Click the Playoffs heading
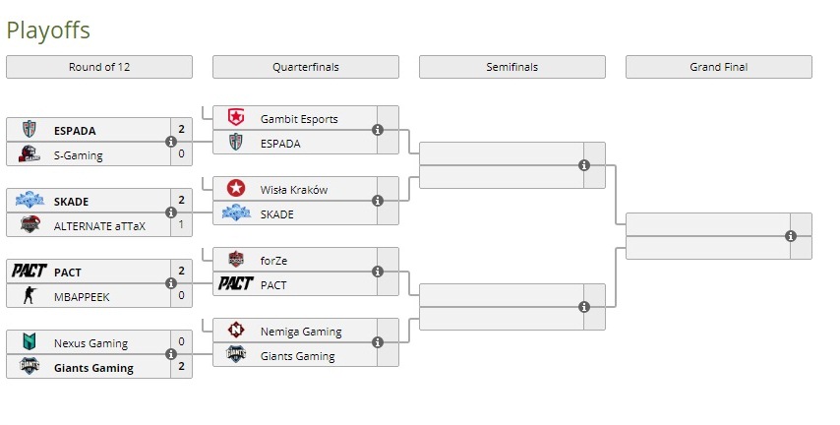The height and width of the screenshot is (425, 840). [x=48, y=30]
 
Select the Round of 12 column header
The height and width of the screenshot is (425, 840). [x=98, y=67]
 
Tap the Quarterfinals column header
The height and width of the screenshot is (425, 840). [x=305, y=67]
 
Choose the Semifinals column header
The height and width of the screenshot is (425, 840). [x=511, y=67]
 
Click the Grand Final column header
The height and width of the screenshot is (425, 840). [x=718, y=67]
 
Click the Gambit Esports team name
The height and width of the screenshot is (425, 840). [x=299, y=119]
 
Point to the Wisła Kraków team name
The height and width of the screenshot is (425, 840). [x=294, y=190]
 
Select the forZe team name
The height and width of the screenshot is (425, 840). [x=274, y=261]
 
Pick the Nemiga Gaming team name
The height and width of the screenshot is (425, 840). [x=301, y=332]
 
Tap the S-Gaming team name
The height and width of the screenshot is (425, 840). [x=78, y=154]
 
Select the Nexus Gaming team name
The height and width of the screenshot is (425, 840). [x=90, y=343]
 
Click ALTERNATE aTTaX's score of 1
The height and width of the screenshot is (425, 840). [x=182, y=225]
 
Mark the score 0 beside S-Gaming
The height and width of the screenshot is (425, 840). [x=182, y=154]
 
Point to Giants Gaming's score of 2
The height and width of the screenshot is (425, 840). [x=182, y=367]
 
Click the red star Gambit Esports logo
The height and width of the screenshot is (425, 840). [x=235, y=118]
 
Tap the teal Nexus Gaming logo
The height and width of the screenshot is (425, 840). [x=29, y=342]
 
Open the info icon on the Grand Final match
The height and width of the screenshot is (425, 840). [x=791, y=236]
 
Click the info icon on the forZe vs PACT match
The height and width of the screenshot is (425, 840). [x=378, y=272]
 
